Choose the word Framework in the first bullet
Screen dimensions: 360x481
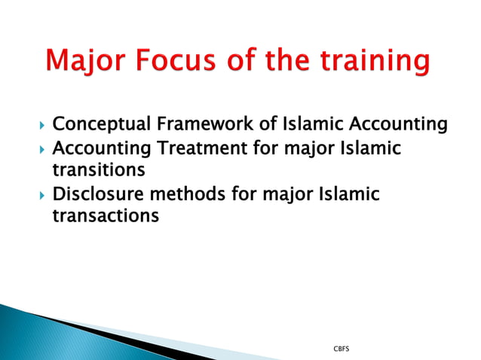(204, 124)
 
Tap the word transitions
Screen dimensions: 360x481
(98, 171)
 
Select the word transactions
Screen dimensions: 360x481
(106, 217)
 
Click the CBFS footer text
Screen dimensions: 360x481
(341, 349)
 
